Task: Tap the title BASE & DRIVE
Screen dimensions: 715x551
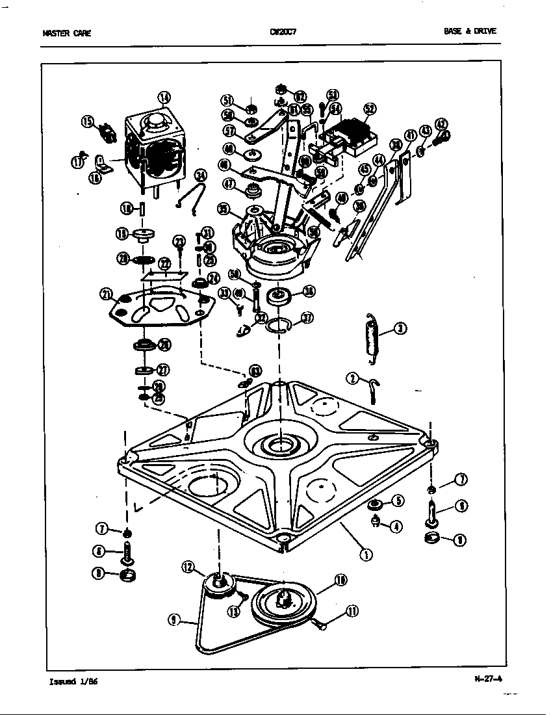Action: pos(474,31)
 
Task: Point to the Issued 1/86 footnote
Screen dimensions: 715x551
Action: pos(74,682)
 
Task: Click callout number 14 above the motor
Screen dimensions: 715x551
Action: pos(164,97)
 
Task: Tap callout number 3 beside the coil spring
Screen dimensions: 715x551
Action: pos(401,329)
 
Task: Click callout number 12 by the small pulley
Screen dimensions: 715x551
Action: pos(188,567)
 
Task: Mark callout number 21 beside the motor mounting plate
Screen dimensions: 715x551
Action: pos(106,294)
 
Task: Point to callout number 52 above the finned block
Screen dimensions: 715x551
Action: pos(369,109)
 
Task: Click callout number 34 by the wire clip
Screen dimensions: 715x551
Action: pos(201,175)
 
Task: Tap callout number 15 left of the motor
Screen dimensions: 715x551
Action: pos(88,120)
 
